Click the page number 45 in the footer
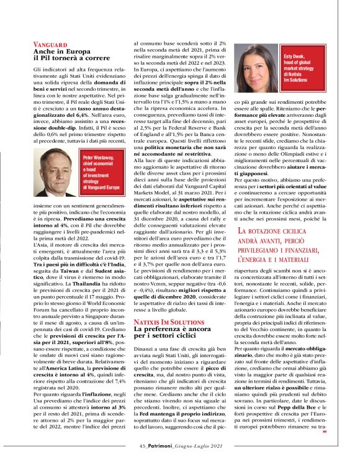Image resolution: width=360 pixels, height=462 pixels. point(142,445)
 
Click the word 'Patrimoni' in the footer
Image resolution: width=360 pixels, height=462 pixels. point(160,445)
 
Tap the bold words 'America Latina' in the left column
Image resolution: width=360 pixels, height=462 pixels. point(64,368)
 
